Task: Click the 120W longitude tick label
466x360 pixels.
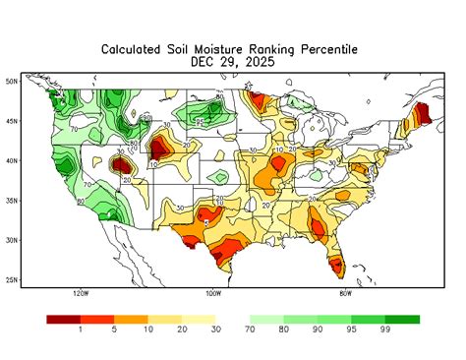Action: [x=81, y=293]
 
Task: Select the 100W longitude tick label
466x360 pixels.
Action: [x=213, y=293]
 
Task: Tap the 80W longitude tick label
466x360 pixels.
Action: [x=345, y=293]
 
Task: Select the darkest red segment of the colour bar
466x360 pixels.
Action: [x=64, y=320]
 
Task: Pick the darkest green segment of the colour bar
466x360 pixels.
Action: [x=402, y=320]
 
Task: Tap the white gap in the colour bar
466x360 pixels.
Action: [x=233, y=320]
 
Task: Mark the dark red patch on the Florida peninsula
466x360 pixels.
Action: [x=337, y=264]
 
